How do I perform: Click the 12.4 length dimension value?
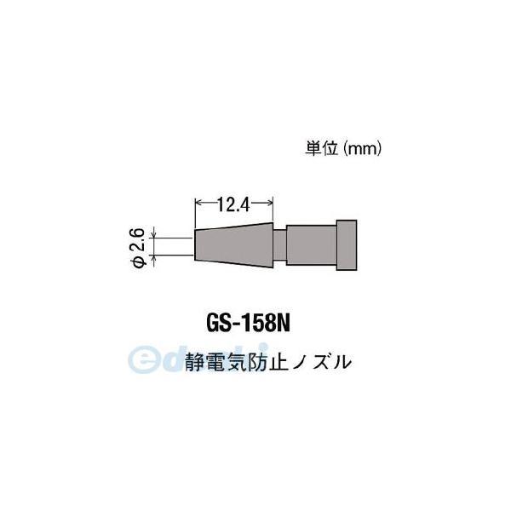(234, 204)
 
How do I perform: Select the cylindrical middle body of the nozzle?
(311, 245)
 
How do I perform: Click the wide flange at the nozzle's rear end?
(346, 245)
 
